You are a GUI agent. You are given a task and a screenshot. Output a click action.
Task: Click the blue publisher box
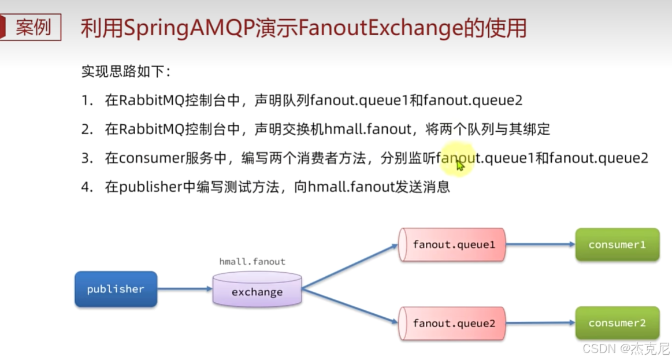116,289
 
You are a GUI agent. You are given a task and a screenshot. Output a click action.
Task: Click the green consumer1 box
617,245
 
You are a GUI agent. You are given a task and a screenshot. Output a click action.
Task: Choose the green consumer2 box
617,324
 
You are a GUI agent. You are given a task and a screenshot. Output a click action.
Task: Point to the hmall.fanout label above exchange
253,262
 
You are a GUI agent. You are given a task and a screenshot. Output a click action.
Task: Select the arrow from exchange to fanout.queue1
350,266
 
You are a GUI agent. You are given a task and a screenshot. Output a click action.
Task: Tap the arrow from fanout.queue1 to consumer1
540,245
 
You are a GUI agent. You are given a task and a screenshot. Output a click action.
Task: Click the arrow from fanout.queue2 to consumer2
540,324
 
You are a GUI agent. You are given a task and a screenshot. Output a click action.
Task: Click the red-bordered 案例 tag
32,27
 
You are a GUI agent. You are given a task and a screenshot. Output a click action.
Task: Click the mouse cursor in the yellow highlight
459,165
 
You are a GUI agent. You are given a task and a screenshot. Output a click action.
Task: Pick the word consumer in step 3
153,158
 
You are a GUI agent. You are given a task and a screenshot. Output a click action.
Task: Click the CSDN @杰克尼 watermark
625,348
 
